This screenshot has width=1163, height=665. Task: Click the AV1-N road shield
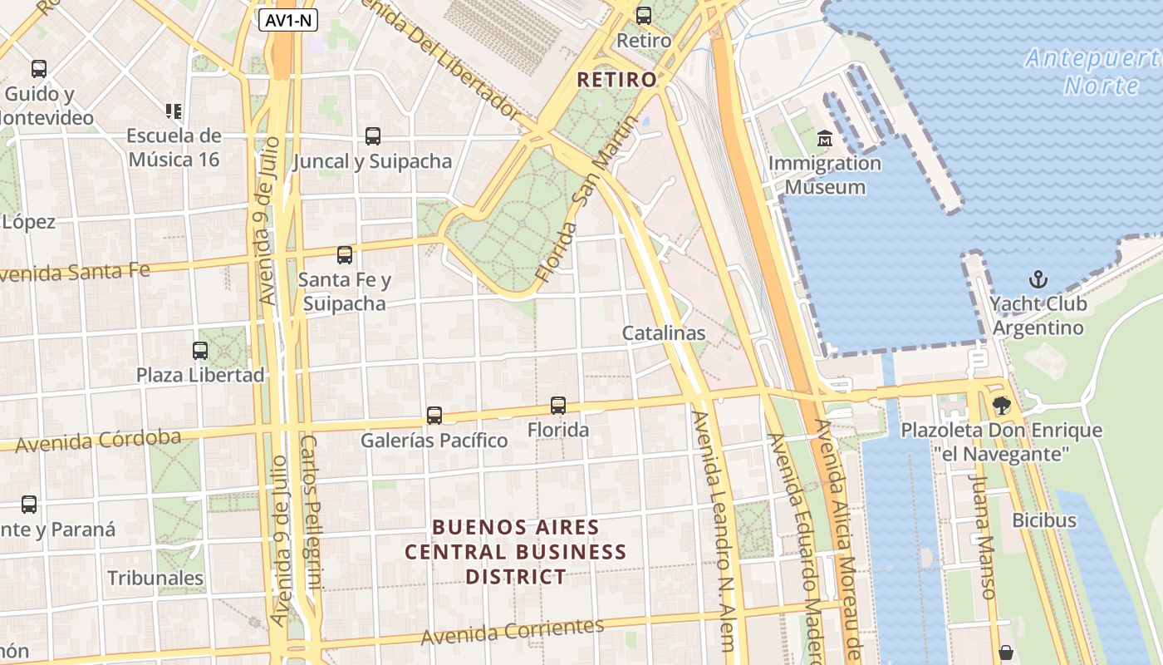click(288, 21)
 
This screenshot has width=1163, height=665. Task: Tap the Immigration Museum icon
click(825, 138)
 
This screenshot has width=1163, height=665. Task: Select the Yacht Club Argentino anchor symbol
click(1038, 278)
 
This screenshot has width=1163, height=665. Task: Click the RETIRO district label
click(616, 80)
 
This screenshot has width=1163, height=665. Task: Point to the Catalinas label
click(664, 333)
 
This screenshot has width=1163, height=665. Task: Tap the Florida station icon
click(558, 406)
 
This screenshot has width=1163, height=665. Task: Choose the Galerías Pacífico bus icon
click(434, 416)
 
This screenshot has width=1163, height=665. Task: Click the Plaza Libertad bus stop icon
click(200, 351)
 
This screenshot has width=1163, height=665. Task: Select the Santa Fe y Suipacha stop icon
click(344, 255)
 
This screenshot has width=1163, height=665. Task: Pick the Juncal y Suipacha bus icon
click(372, 136)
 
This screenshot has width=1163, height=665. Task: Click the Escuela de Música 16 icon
click(174, 111)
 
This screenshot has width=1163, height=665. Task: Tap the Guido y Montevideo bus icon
click(39, 69)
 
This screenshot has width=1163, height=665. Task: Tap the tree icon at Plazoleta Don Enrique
click(1002, 406)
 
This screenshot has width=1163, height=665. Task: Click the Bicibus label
click(1043, 520)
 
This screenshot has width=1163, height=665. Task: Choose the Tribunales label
click(155, 578)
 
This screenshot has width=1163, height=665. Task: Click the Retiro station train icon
click(644, 16)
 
